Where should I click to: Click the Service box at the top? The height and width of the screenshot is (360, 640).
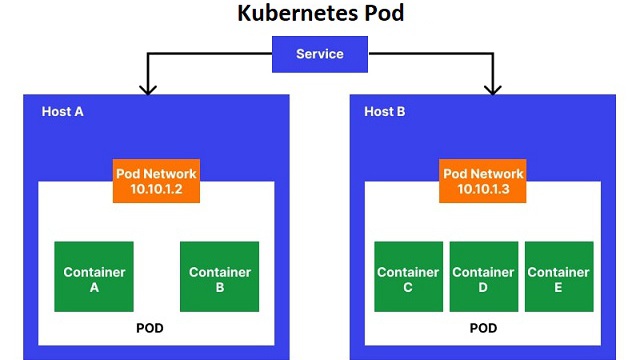(319, 54)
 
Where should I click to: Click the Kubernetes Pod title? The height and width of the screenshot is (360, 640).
(319, 14)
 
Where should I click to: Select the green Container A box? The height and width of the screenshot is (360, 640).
(94, 276)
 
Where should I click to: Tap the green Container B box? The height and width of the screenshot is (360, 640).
(219, 276)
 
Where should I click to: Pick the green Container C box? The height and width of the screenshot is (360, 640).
(408, 276)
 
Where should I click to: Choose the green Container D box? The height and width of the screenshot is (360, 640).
(483, 276)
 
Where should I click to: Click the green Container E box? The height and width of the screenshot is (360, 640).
(558, 276)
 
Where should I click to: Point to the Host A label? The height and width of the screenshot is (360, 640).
(62, 111)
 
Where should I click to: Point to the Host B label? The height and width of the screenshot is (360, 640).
(385, 111)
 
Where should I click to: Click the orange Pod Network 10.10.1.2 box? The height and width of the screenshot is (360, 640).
(156, 181)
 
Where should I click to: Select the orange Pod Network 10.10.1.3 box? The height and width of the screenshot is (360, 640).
(482, 181)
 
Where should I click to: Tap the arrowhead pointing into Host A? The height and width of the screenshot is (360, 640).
(148, 89)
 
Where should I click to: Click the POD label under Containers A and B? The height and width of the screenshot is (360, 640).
(150, 328)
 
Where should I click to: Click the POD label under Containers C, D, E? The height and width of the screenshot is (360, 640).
(484, 328)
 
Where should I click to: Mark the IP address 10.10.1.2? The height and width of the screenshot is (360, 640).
(156, 189)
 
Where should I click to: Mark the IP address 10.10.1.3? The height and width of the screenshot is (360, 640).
(482, 189)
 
